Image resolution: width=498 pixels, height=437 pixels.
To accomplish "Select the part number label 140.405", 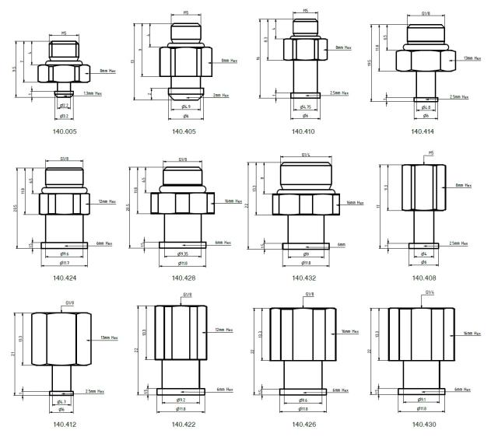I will pos(185,131).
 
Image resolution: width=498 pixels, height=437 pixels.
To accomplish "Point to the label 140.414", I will pos(423,131).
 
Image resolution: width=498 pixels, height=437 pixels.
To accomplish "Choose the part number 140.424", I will pos(65,278).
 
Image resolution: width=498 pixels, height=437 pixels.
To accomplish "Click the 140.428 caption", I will pos(184,278).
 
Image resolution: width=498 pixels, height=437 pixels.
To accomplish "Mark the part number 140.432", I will pos(303,278).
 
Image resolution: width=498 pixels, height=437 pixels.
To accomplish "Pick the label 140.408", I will pos(423,278).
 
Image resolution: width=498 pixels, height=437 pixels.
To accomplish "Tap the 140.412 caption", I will pos(65,425).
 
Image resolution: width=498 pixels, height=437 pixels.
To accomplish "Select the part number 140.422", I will pos(184,425).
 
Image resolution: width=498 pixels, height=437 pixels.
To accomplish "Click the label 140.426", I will pos(303,425).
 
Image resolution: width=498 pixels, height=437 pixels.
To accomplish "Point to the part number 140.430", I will pos(423,425).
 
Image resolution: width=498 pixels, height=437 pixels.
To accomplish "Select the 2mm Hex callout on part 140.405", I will pos(222,95).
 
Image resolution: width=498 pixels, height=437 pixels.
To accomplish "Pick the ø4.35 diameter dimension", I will pos(183,254).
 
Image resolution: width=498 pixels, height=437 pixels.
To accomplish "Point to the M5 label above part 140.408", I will pos(431,155).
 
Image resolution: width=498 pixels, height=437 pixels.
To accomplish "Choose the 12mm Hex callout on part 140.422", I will pos(225,330).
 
